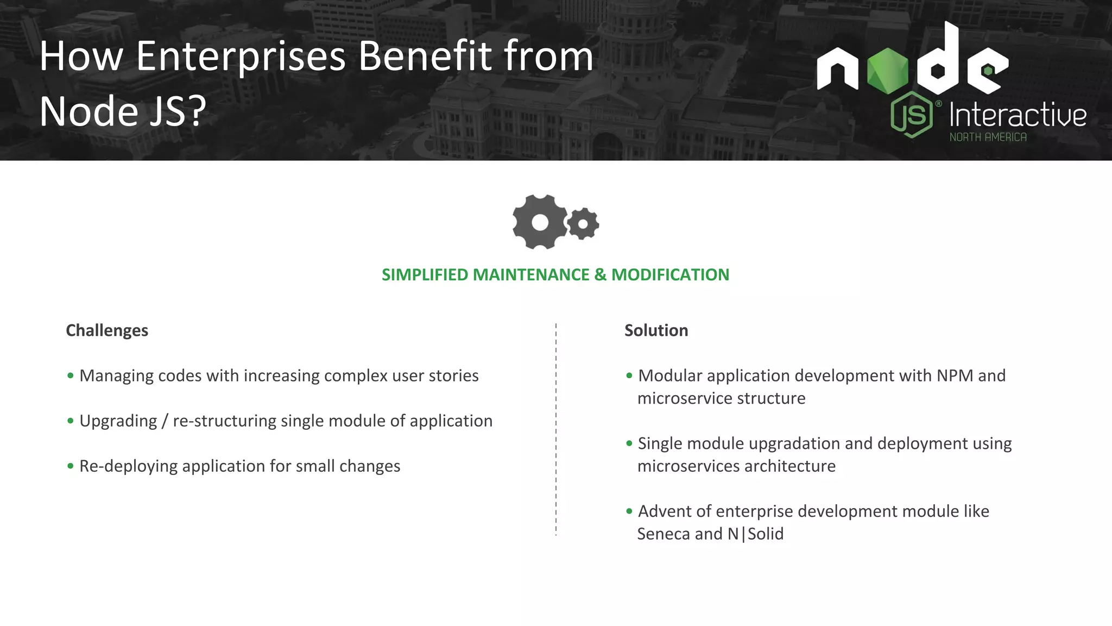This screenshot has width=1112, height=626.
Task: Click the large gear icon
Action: pyautogui.click(x=540, y=222)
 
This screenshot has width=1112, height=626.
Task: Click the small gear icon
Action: pyautogui.click(x=583, y=223)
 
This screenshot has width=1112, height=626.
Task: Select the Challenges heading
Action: pyautogui.click(x=107, y=330)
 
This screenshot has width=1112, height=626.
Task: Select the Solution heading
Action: pyautogui.click(x=656, y=330)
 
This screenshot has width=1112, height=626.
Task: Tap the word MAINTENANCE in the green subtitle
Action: pyautogui.click(x=531, y=275)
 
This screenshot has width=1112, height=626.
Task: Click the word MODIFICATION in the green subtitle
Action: pyautogui.click(x=670, y=275)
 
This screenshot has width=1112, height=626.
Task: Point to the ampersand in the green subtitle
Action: pyautogui.click(x=600, y=275)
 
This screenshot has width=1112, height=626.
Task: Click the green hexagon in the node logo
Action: pyautogui.click(x=887, y=71)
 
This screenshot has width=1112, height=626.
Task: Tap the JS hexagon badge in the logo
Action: pyautogui.click(x=912, y=115)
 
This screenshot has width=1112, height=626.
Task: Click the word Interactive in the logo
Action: pyautogui.click(x=1018, y=115)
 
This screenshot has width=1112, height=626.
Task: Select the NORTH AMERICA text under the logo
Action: pyautogui.click(x=988, y=137)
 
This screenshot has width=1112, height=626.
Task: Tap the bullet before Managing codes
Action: pyautogui.click(x=71, y=375)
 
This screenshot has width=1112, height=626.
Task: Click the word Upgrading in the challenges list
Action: pyautogui.click(x=118, y=421)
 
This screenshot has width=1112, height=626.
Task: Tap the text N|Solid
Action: pyautogui.click(x=755, y=534)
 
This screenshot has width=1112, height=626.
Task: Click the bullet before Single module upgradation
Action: pyautogui.click(x=629, y=443)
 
